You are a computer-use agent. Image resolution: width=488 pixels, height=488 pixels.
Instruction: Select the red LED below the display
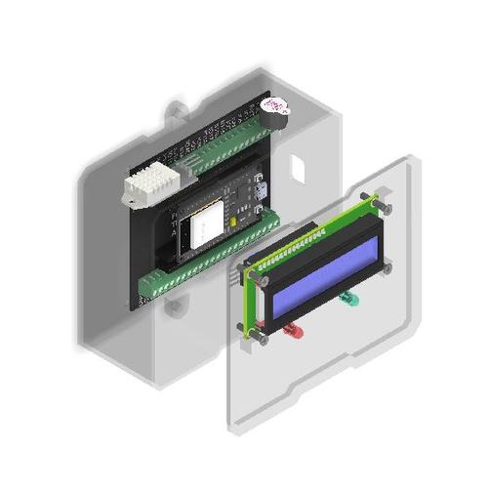[292, 332]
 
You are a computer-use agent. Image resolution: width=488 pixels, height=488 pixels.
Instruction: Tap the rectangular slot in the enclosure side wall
[299, 167]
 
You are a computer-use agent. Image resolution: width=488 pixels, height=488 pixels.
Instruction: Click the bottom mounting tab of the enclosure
[176, 306]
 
